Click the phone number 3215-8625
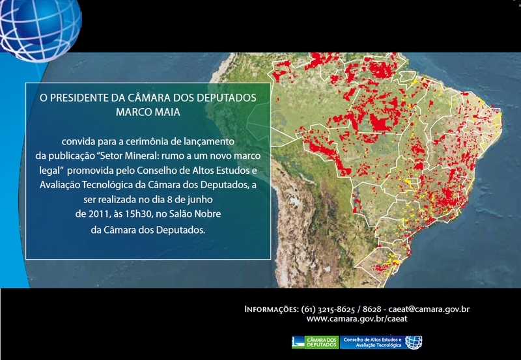(x=337, y=308)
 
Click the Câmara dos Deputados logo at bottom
(x=315, y=342)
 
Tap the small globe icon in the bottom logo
(x=414, y=342)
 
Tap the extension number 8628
(x=373, y=308)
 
